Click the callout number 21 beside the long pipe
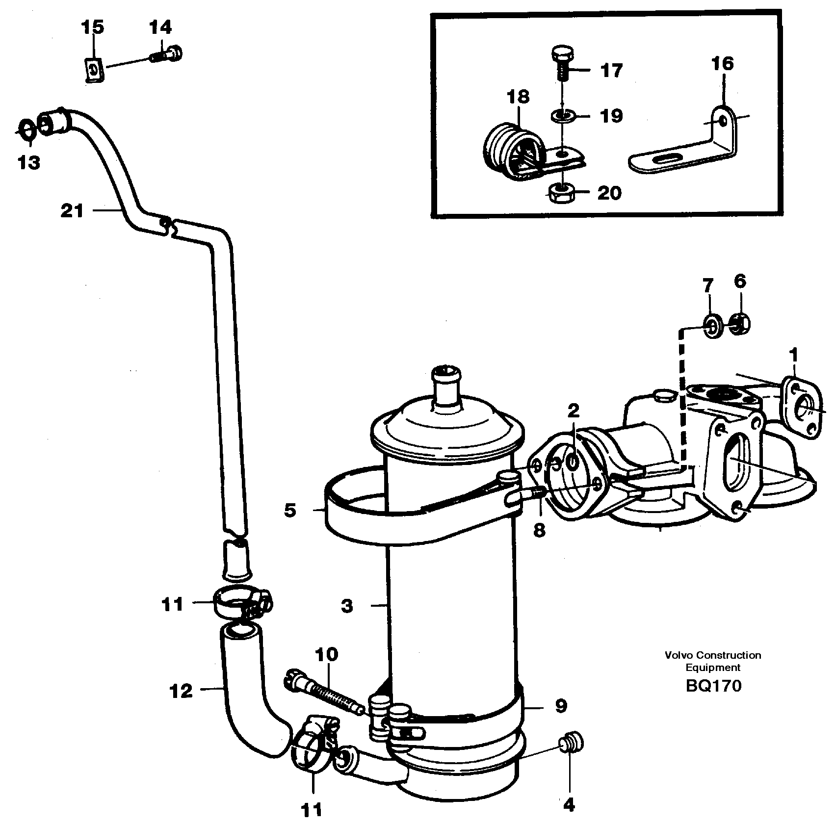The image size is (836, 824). (x=72, y=211)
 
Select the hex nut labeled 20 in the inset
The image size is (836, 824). (x=561, y=193)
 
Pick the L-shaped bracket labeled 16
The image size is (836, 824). (x=687, y=147)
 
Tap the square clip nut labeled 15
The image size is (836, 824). (x=92, y=70)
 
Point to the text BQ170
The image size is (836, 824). (x=713, y=685)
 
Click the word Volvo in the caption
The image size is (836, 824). (x=677, y=655)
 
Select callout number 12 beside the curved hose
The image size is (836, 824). (x=181, y=692)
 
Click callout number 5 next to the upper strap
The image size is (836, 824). (x=290, y=511)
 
